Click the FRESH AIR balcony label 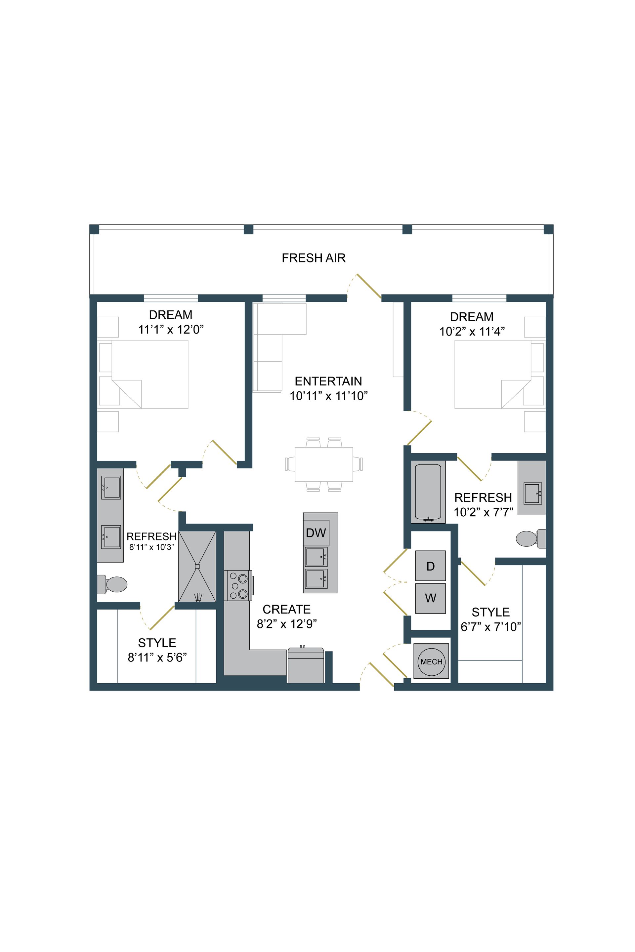click(314, 258)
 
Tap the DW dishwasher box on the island click(316, 533)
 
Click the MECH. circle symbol click(431, 661)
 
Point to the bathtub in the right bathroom click(428, 492)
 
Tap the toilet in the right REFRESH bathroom click(527, 538)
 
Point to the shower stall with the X click(197, 566)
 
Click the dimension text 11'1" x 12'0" click(171, 330)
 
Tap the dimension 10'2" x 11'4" click(472, 332)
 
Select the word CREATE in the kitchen click(286, 609)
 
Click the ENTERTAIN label click(328, 381)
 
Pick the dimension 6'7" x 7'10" click(490, 627)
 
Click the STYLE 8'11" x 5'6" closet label click(157, 643)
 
